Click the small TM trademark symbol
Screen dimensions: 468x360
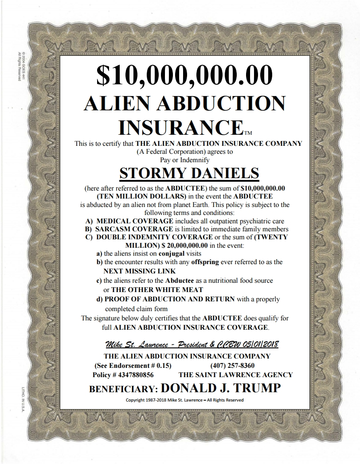click(248, 132)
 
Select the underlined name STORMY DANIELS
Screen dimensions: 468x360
click(189, 172)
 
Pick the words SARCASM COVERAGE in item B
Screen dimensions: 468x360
click(134, 229)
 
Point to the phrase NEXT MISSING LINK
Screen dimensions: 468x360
click(140, 271)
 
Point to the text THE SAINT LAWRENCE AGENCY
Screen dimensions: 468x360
click(236, 375)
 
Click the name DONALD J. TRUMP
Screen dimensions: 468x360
click(221, 388)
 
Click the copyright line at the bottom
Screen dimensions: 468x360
click(185, 400)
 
